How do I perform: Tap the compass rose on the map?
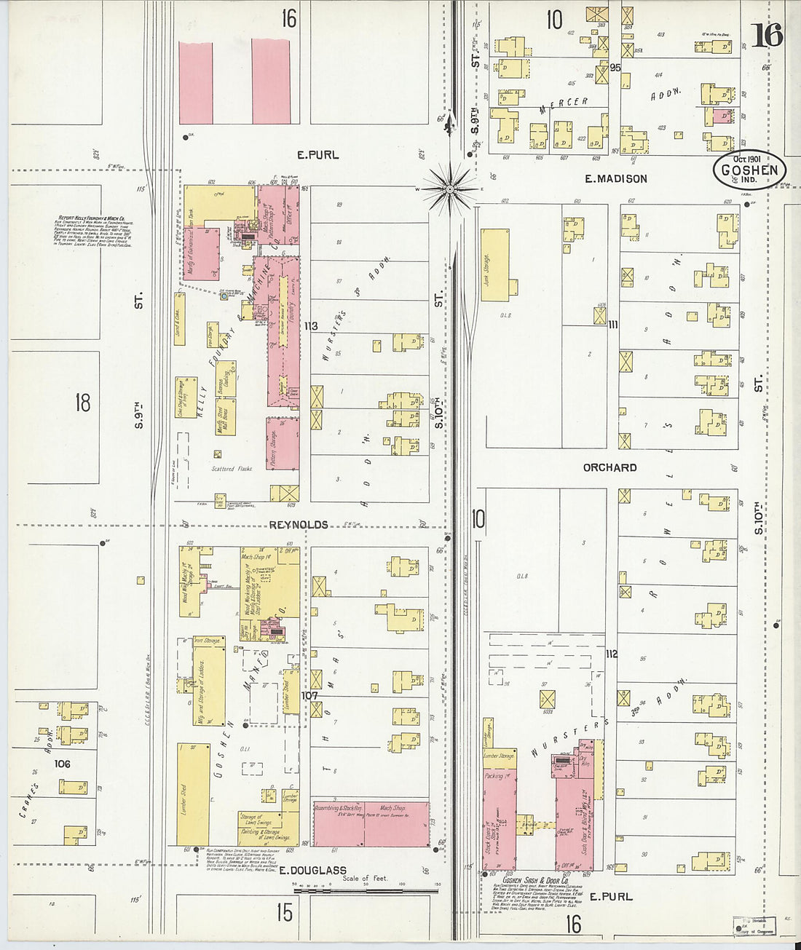click(x=450, y=189)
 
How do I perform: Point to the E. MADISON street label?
click(x=615, y=179)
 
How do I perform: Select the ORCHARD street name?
click(x=609, y=468)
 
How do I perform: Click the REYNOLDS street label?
click(x=299, y=525)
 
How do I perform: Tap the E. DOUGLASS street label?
click(x=313, y=871)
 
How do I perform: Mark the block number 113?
click(x=311, y=326)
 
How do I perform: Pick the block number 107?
click(x=311, y=696)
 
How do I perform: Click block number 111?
click(x=612, y=325)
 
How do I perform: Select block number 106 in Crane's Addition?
click(x=63, y=764)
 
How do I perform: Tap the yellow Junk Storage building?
click(x=495, y=265)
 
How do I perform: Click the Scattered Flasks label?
click(x=232, y=469)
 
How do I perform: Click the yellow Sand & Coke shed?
click(x=179, y=319)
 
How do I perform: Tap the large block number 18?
click(x=82, y=403)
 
